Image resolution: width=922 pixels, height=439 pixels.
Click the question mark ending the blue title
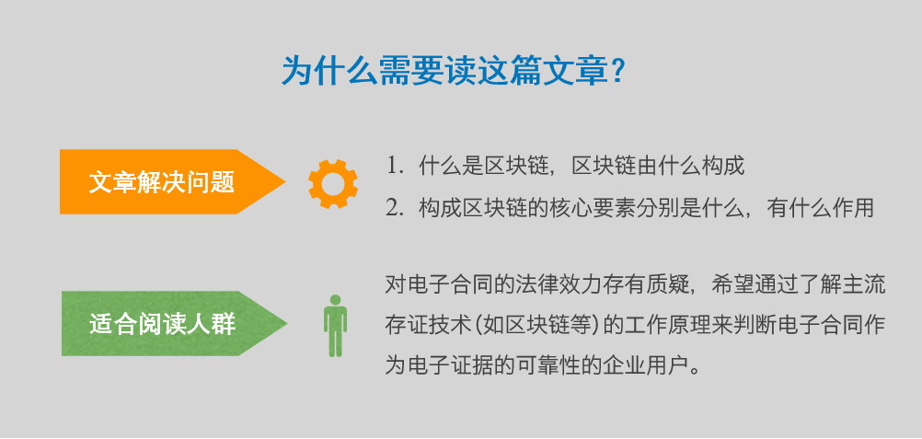coord(617,71)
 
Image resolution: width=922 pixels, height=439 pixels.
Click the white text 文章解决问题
coord(162,182)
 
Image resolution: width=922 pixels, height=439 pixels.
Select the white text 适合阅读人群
coord(162,324)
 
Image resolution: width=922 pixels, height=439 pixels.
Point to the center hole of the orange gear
coord(333,183)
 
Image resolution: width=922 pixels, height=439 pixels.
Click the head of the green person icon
coord(335,300)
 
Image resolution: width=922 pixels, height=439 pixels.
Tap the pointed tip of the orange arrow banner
coord(286,182)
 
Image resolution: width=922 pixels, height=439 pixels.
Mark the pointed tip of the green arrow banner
coord(287,323)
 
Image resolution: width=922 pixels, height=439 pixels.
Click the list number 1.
coord(392,167)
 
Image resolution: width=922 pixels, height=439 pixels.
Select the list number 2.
coord(392,208)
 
